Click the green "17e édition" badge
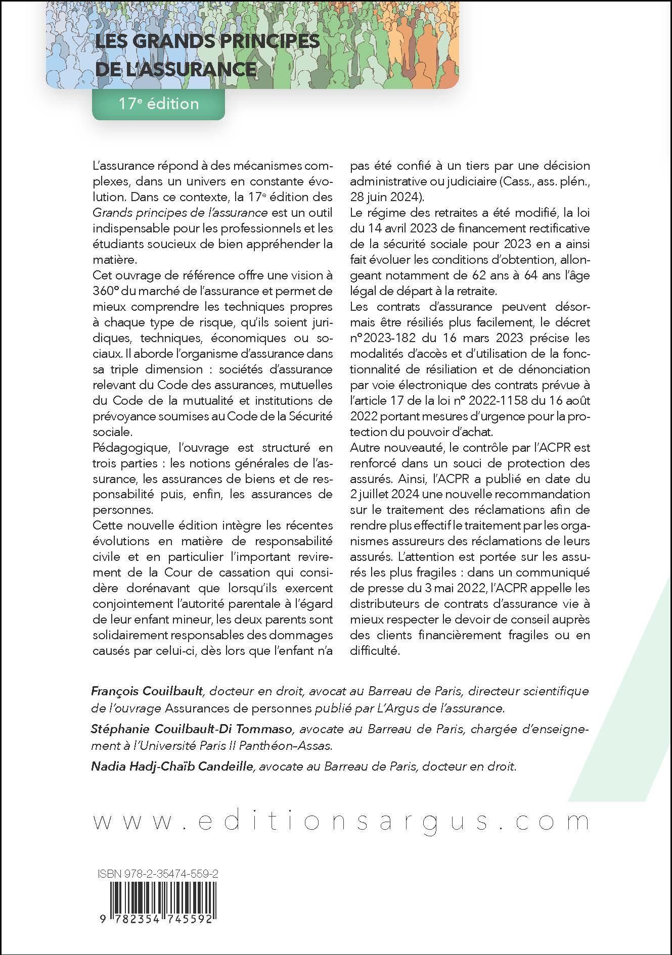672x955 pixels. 158,104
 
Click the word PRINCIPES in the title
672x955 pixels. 265,41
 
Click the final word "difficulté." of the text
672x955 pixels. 374,651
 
